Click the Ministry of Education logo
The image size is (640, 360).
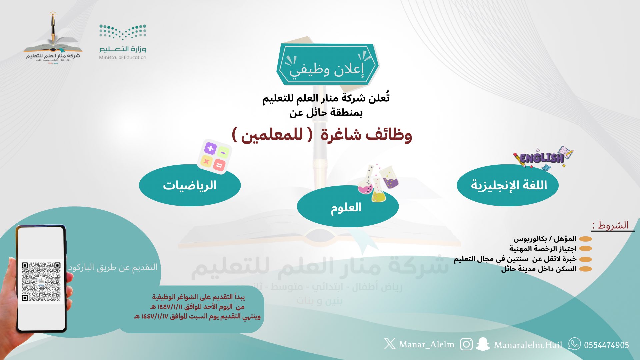123,42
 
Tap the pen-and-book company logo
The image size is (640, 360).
53,38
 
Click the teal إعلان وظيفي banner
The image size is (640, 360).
327,64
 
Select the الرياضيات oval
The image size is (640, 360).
190,185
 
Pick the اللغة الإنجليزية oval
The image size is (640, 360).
508,185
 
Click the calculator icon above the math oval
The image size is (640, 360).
214,156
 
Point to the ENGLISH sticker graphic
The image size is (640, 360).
543,158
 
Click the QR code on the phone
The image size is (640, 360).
41,282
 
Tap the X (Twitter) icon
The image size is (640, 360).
389,344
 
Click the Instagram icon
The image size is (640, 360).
466,344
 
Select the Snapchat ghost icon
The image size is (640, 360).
482,344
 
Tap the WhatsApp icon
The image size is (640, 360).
574,344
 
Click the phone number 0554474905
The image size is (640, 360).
606,345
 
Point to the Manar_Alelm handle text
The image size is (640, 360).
426,344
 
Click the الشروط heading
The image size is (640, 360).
613,225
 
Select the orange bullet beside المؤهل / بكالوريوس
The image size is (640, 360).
586,239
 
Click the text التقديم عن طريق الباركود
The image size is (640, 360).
113,267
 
